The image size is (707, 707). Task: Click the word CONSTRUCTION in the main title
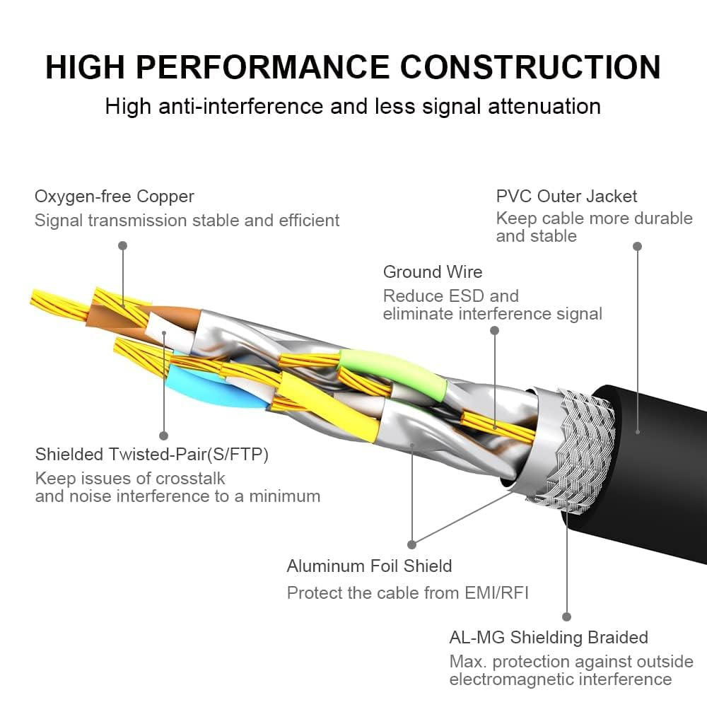tap(531, 67)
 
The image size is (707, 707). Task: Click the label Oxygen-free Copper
tap(115, 196)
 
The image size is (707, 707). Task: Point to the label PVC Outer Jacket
tap(566, 196)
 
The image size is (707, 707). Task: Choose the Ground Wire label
tap(433, 271)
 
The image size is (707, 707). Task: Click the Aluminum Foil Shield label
tap(369, 566)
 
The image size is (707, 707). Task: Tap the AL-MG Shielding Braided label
tap(549, 637)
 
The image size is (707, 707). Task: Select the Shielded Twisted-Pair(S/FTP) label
tap(152, 453)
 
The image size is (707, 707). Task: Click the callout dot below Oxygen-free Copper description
tap(122, 245)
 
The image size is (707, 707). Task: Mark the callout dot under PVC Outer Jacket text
tap(637, 246)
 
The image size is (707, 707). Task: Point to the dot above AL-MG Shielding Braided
tap(566, 617)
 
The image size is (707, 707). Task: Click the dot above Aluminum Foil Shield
tap(412, 544)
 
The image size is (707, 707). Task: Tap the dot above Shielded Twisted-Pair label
tap(163, 436)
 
